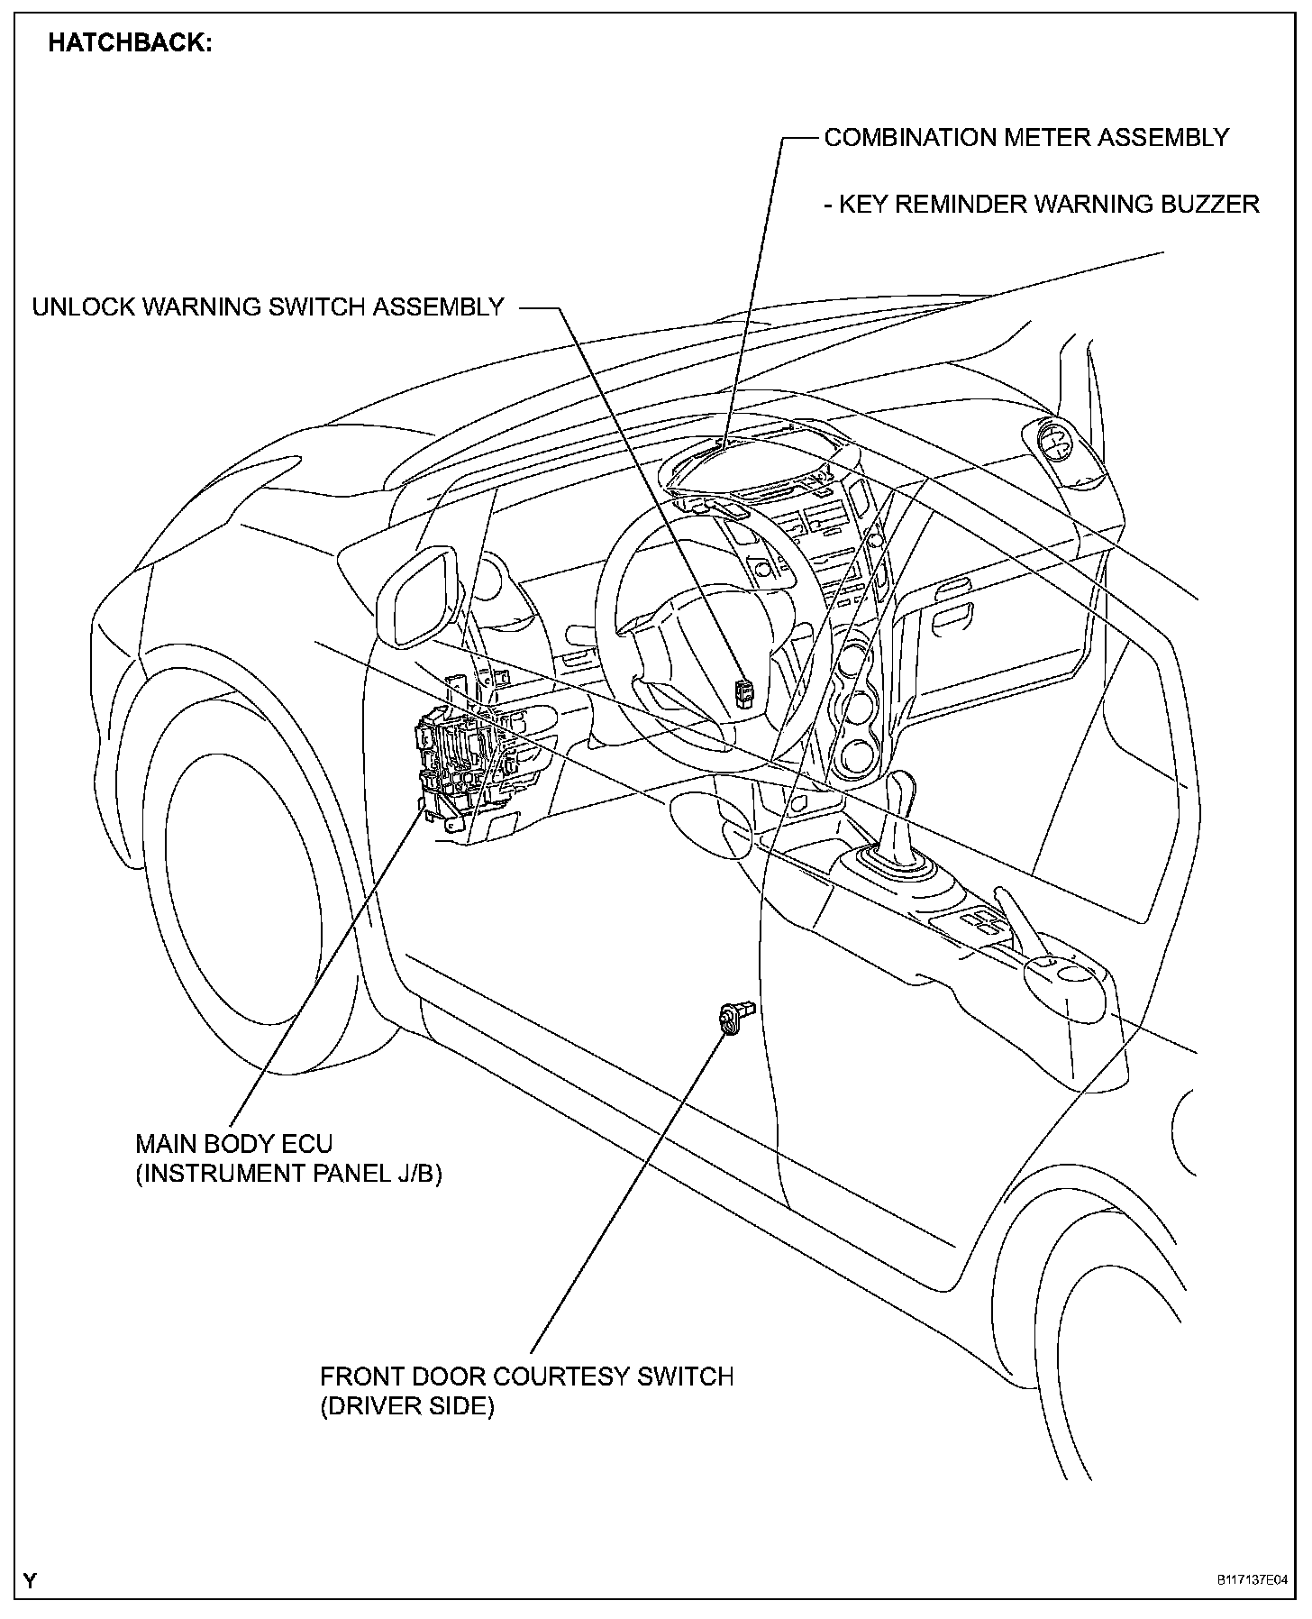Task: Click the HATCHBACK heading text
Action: [130, 43]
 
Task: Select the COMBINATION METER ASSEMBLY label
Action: [1026, 138]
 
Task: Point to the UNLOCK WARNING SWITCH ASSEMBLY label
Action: [268, 307]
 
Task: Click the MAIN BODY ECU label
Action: [233, 1144]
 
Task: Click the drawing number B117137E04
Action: [1252, 1581]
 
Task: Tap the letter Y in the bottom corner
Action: [31, 1580]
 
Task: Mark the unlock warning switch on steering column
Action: [745, 692]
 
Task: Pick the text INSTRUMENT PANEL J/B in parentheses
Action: [288, 1174]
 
